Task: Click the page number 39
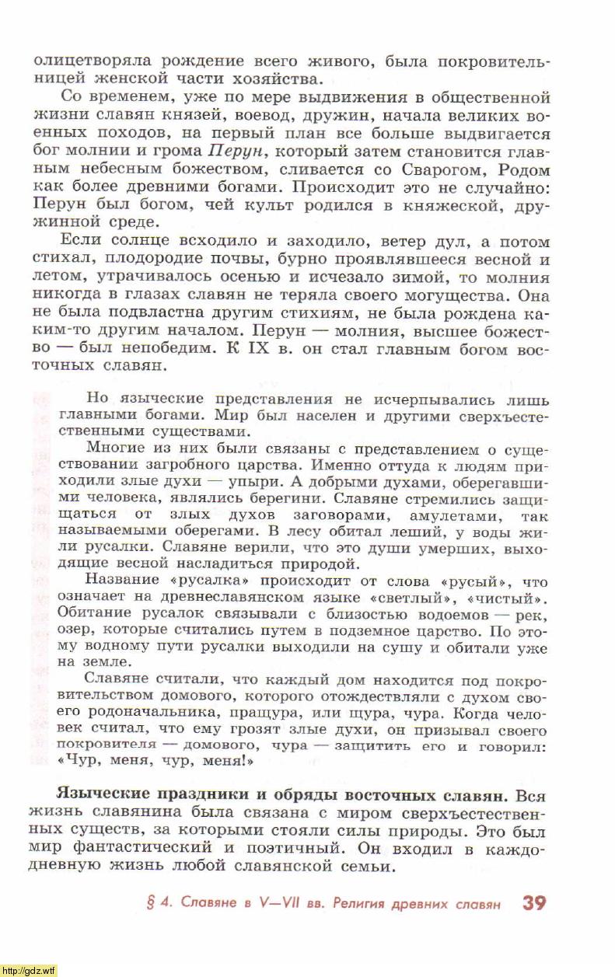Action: click(534, 903)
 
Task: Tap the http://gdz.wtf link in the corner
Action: click(29, 970)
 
